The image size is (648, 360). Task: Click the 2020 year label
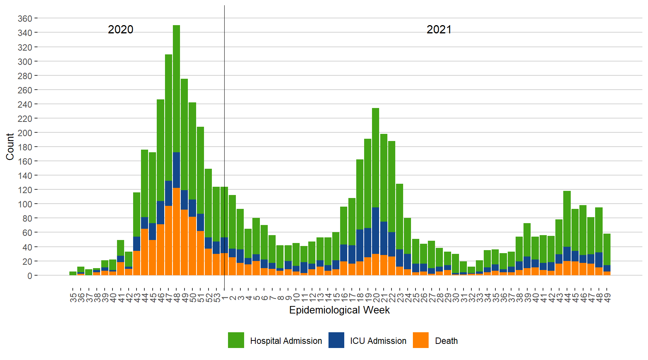pyautogui.click(x=120, y=29)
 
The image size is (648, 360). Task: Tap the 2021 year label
pyautogui.click(x=439, y=29)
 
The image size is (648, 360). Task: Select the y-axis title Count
pyautogui.click(x=10, y=147)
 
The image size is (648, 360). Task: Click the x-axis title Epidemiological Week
pyautogui.click(x=339, y=310)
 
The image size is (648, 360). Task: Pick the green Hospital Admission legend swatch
pyautogui.click(x=236, y=340)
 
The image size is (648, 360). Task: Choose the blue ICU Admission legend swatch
pyautogui.click(x=336, y=340)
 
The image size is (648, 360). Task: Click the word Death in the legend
pyautogui.click(x=446, y=341)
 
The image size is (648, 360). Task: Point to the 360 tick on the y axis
pyautogui.click(x=25, y=18)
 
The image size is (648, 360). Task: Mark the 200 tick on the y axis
pyautogui.click(x=25, y=133)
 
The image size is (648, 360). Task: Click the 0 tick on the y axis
pyautogui.click(x=30, y=276)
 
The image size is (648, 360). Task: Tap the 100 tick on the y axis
pyautogui.click(x=25, y=204)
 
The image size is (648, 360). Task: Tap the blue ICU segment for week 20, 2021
pyautogui.click(x=376, y=231)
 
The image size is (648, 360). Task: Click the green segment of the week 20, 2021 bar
pyautogui.click(x=376, y=157)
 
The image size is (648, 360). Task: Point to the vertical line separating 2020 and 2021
pyautogui.click(x=224, y=112)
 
